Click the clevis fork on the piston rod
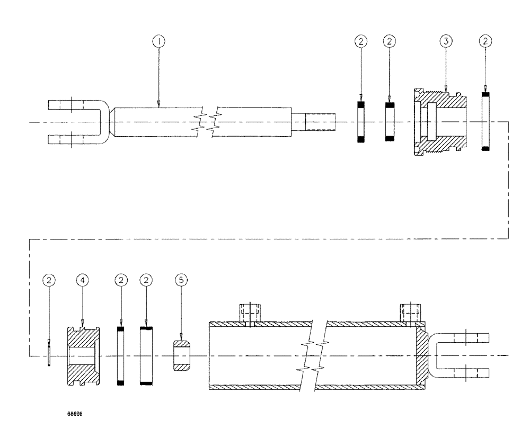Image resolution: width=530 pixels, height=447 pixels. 77,122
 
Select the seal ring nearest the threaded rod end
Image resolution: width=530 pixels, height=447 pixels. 361,122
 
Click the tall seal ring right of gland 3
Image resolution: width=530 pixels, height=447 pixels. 485,122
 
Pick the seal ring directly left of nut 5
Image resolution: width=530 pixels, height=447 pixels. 147,355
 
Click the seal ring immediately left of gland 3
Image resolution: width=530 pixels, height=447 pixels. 390,122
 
